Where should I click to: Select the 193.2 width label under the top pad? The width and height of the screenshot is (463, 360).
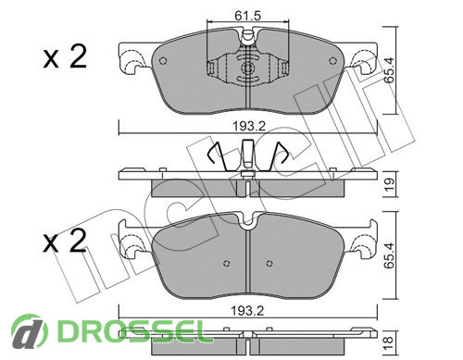[249, 126]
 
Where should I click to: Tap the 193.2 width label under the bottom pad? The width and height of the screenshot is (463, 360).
[248, 311]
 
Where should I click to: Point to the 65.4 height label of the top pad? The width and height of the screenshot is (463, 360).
[390, 70]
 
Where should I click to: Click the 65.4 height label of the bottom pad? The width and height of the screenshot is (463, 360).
[390, 255]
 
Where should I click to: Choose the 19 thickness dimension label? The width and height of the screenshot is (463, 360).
[390, 184]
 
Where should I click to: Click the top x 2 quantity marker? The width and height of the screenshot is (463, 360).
[65, 57]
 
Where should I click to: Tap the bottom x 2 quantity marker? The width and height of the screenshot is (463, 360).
[65, 242]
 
